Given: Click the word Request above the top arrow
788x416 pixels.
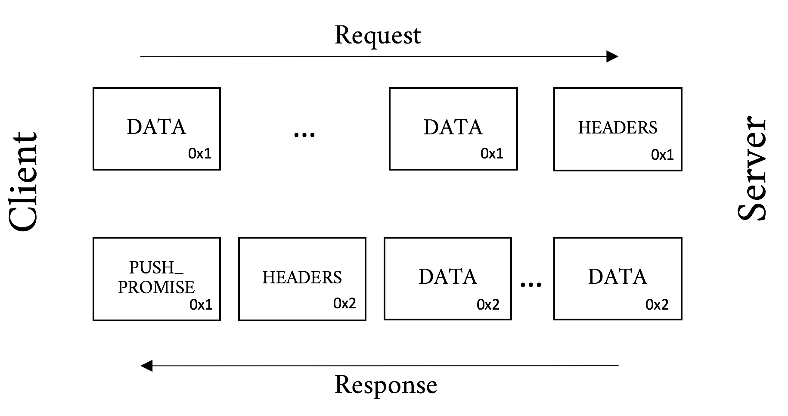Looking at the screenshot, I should pyautogui.click(x=378, y=36).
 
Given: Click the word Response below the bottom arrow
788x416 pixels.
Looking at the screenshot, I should pyautogui.click(x=385, y=385).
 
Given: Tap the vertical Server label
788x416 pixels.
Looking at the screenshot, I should pyautogui.click(x=751, y=168).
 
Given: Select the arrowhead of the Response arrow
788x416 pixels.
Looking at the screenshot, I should pyautogui.click(x=147, y=366).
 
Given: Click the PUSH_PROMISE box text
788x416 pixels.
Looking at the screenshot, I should pyautogui.click(x=156, y=277).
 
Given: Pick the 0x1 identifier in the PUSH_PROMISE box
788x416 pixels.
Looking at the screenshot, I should pyautogui.click(x=201, y=305).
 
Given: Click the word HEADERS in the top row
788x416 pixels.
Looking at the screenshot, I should pyautogui.click(x=617, y=127).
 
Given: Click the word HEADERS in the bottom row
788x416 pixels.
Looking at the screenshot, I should pyautogui.click(x=302, y=277).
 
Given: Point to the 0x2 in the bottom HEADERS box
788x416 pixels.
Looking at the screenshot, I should pyautogui.click(x=344, y=303).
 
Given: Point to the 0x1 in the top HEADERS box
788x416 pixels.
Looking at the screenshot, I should pyautogui.click(x=662, y=155).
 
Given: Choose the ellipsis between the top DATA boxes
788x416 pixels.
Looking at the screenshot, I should pyautogui.click(x=304, y=134).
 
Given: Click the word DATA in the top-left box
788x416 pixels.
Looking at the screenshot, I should pyautogui.click(x=156, y=127).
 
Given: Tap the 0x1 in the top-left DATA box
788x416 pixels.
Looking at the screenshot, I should pyautogui.click(x=200, y=154).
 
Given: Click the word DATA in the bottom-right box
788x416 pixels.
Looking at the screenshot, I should pyautogui.click(x=617, y=276).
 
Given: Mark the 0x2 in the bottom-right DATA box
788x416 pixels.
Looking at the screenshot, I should pyautogui.click(x=657, y=305).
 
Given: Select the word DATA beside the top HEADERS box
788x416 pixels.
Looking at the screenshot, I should pyautogui.click(x=453, y=127).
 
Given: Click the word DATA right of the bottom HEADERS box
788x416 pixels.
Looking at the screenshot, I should pyautogui.click(x=447, y=276).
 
